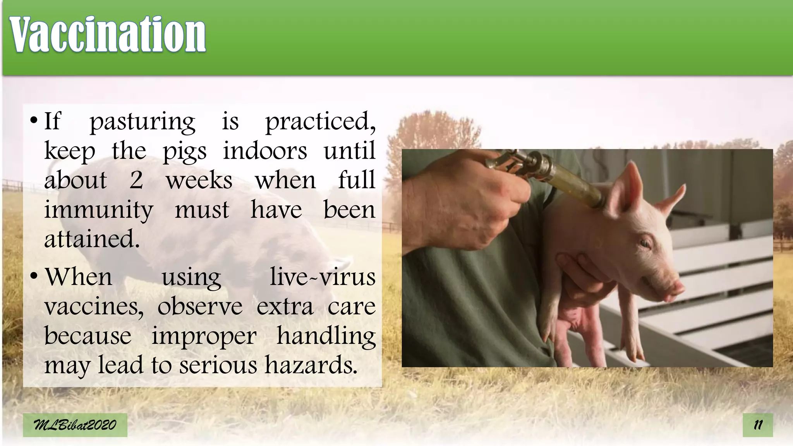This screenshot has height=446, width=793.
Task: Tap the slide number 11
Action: click(x=757, y=425)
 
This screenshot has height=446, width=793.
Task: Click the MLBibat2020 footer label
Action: click(x=75, y=425)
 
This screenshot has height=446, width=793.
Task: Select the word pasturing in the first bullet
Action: click(x=142, y=122)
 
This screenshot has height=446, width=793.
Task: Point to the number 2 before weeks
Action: click(x=136, y=180)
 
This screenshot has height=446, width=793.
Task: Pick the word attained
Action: click(x=92, y=239)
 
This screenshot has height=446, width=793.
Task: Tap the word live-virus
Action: click(x=322, y=277)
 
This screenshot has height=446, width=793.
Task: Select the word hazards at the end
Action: click(x=311, y=365)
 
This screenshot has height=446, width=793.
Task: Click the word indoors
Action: click(x=265, y=151)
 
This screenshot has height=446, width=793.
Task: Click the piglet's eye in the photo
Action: click(x=644, y=244)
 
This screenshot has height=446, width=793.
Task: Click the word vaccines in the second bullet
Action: click(x=93, y=307)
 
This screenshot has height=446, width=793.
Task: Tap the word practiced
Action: click(x=320, y=122)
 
